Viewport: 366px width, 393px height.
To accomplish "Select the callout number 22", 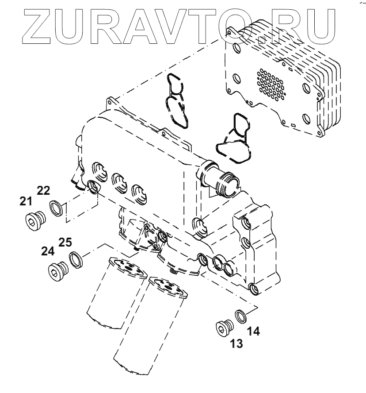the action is (43, 191).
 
